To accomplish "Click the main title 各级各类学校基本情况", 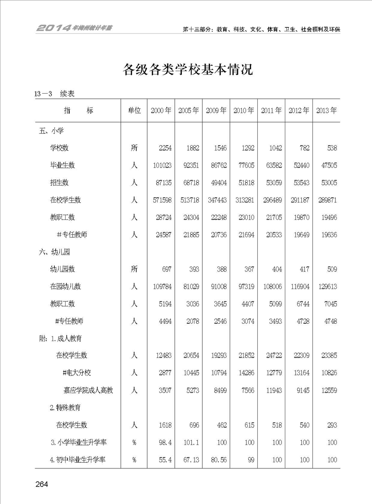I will click(187, 70).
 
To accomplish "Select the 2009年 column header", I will click(216, 111).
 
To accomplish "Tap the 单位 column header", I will click(134, 111).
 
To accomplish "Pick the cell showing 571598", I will click(161, 200).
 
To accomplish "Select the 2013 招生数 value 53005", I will click(327, 183).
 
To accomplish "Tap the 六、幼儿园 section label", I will click(54, 252).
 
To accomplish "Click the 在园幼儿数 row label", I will click(66, 286).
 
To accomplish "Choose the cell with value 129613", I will click(327, 286).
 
